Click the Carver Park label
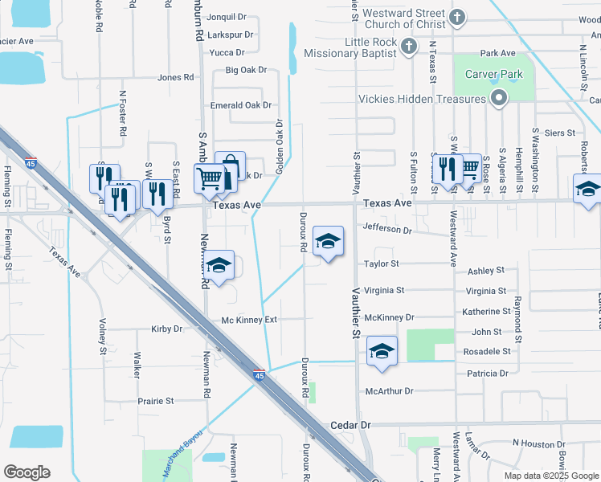pos(494,75)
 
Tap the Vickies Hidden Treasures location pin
pos(498,99)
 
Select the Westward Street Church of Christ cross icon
pos(456,17)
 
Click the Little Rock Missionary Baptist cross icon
pos(408,45)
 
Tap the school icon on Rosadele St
pos(382,350)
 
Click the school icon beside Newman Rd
pos(219,265)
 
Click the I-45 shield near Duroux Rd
pos(259,375)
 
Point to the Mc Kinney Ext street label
pos(249,320)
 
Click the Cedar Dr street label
pos(350,424)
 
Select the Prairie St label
pos(156,401)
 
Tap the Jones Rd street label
pos(176,78)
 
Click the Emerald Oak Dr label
pos(241,105)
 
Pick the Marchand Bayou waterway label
pos(184,454)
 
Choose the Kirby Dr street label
pos(167,329)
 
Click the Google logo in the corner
pos(27,472)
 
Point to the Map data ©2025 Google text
pos(550,476)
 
